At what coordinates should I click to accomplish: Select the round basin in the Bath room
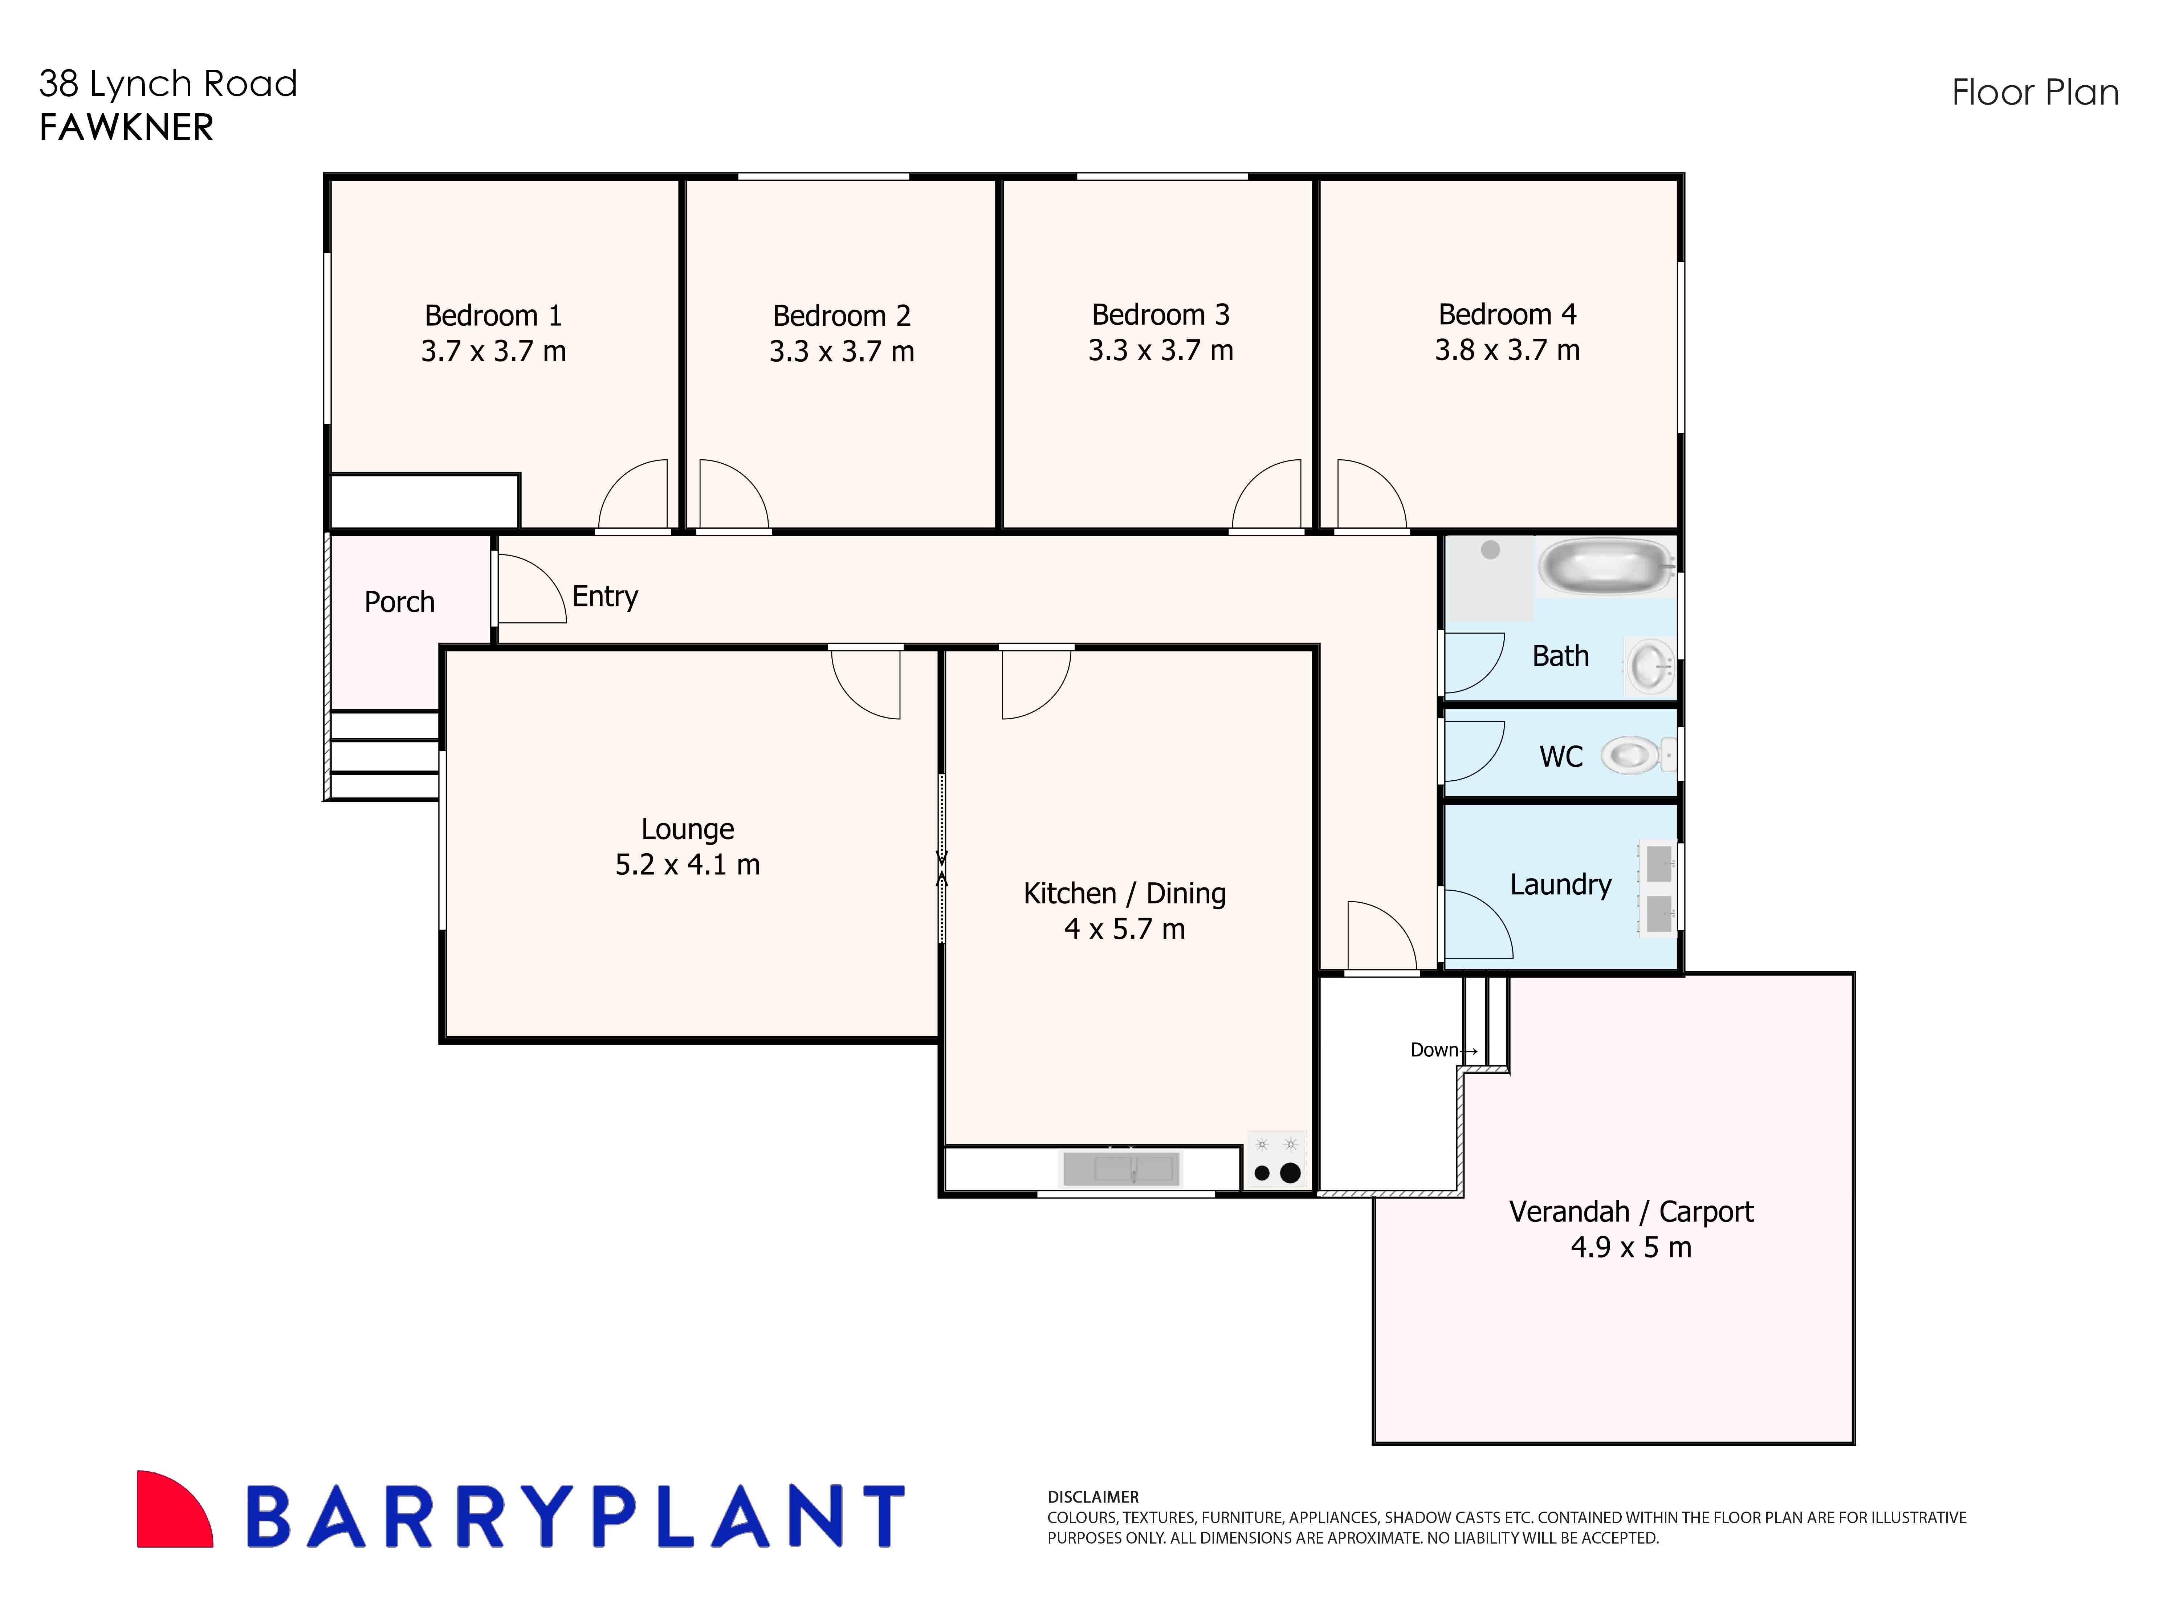point(1650,666)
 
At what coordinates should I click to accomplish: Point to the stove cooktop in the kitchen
point(1276,1160)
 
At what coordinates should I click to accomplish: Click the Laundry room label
point(1560,885)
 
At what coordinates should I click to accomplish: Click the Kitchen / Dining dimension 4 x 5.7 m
point(1124,928)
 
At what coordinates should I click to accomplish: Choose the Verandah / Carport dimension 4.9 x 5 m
point(1630,1247)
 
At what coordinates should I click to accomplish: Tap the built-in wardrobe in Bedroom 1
point(424,501)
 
